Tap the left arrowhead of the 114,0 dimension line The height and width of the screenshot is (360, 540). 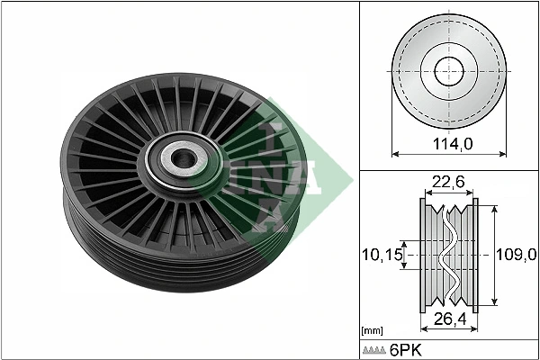[x=392, y=126]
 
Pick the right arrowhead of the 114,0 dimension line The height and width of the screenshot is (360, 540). [x=503, y=126]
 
